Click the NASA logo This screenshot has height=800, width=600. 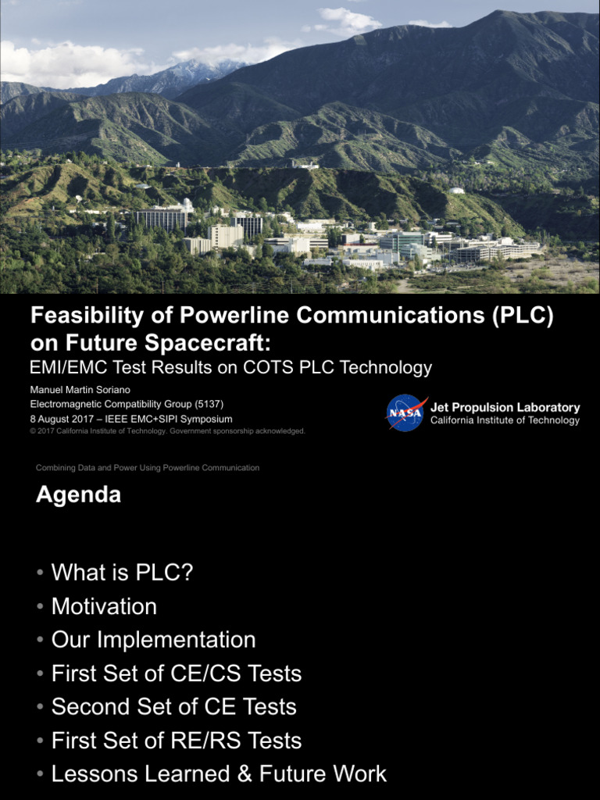[x=405, y=413]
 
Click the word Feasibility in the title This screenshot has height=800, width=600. [x=86, y=316]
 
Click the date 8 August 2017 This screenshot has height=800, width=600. [x=62, y=419]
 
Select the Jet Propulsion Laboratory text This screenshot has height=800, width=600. [x=505, y=408]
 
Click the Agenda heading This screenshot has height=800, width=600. [x=78, y=495]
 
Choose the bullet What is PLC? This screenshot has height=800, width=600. [x=122, y=573]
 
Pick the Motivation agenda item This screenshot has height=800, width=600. [x=104, y=606]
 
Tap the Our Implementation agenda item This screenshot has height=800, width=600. [x=153, y=640]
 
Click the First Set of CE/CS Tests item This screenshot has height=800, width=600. [x=176, y=673]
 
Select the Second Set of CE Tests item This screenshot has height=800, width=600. [x=173, y=707]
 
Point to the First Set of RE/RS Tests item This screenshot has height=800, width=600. [x=176, y=741]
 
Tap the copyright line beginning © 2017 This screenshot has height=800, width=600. [x=167, y=431]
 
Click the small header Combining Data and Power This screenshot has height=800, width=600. [x=148, y=468]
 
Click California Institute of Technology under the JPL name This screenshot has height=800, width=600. [x=505, y=420]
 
